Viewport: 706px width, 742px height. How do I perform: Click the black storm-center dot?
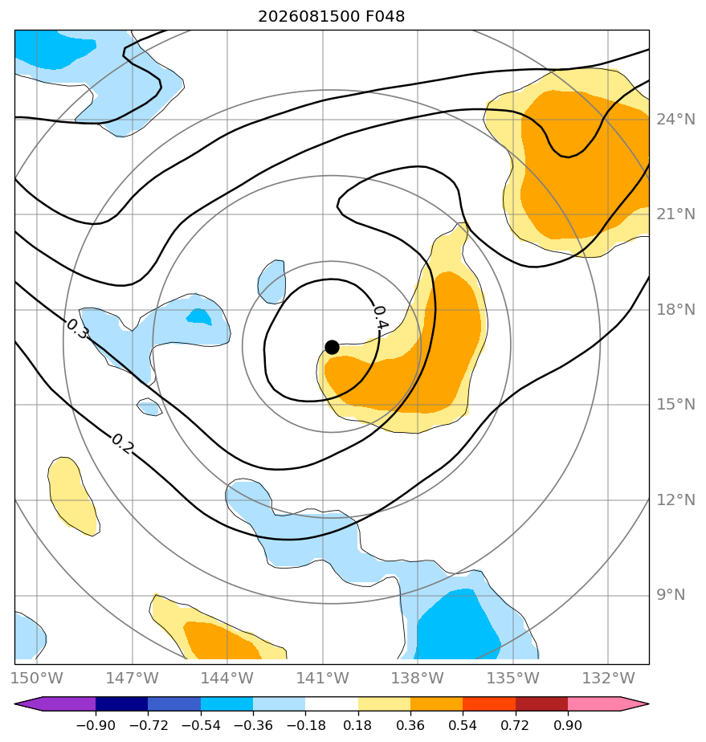tap(332, 348)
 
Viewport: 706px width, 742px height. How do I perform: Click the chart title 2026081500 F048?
tap(331, 17)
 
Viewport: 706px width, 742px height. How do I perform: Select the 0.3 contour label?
tap(77, 329)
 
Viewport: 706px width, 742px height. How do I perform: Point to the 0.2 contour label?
tap(123, 444)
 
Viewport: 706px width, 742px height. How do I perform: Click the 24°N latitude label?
tap(675, 119)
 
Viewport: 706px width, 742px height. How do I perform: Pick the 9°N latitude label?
tap(671, 594)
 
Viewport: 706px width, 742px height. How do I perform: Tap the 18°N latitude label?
tap(675, 309)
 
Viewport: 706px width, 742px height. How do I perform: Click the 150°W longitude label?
tap(36, 678)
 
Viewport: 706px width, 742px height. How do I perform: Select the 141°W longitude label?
tap(322, 678)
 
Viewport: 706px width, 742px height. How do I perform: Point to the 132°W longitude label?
tap(608, 678)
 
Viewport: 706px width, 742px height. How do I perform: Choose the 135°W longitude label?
tap(513, 678)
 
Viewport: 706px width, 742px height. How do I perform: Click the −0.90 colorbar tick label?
tap(96, 725)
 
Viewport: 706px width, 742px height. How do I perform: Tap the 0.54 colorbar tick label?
tap(463, 725)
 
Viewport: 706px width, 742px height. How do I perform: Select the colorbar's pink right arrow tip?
tap(648, 703)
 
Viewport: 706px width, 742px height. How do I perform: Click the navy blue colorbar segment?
tap(121, 703)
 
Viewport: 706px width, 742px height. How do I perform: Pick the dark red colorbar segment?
tap(541, 703)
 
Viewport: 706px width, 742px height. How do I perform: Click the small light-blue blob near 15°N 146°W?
tap(149, 407)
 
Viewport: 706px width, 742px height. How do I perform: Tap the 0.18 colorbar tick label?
tap(357, 725)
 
